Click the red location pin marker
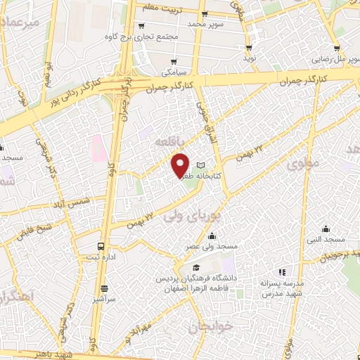coord(181,165)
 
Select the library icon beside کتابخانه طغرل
coord(209,165)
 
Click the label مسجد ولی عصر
coord(211,247)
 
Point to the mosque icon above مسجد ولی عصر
coord(211,236)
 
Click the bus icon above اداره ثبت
coord(102,247)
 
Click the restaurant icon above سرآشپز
coord(105,288)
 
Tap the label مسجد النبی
coord(326,240)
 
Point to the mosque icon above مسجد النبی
coord(326,229)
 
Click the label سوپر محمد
coord(204,24)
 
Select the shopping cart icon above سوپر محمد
coord(204,13)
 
